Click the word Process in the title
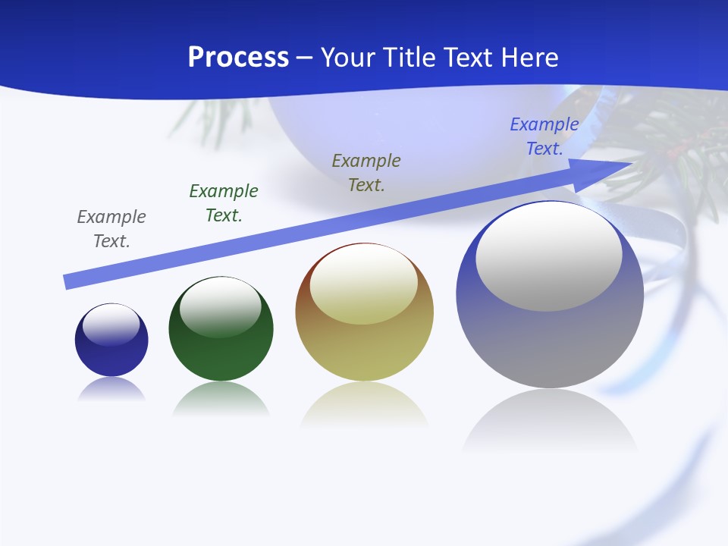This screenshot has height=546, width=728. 238,58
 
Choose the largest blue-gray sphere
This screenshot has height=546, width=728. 550,341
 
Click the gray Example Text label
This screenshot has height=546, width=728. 111,229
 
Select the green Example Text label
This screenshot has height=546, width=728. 224,203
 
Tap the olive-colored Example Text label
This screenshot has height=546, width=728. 366,173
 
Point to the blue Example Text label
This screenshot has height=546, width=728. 544,136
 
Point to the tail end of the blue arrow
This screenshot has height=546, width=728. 70,281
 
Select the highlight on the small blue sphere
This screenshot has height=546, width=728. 111,325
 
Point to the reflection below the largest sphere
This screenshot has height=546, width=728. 550,421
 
